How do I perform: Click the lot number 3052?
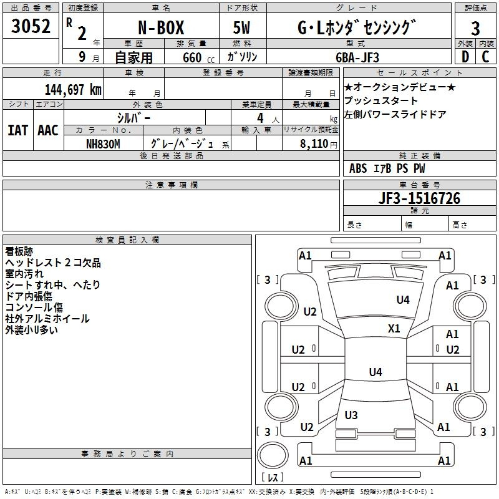pos(31,26)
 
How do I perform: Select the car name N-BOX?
pos(161,27)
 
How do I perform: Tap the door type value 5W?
pos(241,27)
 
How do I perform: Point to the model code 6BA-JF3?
pos(357,57)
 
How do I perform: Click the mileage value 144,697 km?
pos(73,90)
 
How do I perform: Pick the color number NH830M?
pos(103,144)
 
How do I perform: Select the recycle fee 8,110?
pos(314,144)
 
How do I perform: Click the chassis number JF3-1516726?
pos(419,198)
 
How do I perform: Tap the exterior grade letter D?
pos(465,57)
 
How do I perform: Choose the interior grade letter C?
pos(485,57)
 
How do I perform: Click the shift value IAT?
pos(18,130)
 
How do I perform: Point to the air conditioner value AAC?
pos(48,130)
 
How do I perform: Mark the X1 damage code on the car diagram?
pos(394,328)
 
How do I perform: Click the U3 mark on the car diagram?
pos(351,415)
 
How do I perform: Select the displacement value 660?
pos(192,58)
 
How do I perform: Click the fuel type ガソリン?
pos(242,57)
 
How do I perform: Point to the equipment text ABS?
pos(358,168)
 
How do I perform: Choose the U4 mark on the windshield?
pos(403,299)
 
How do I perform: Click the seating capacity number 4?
pos(260,118)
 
